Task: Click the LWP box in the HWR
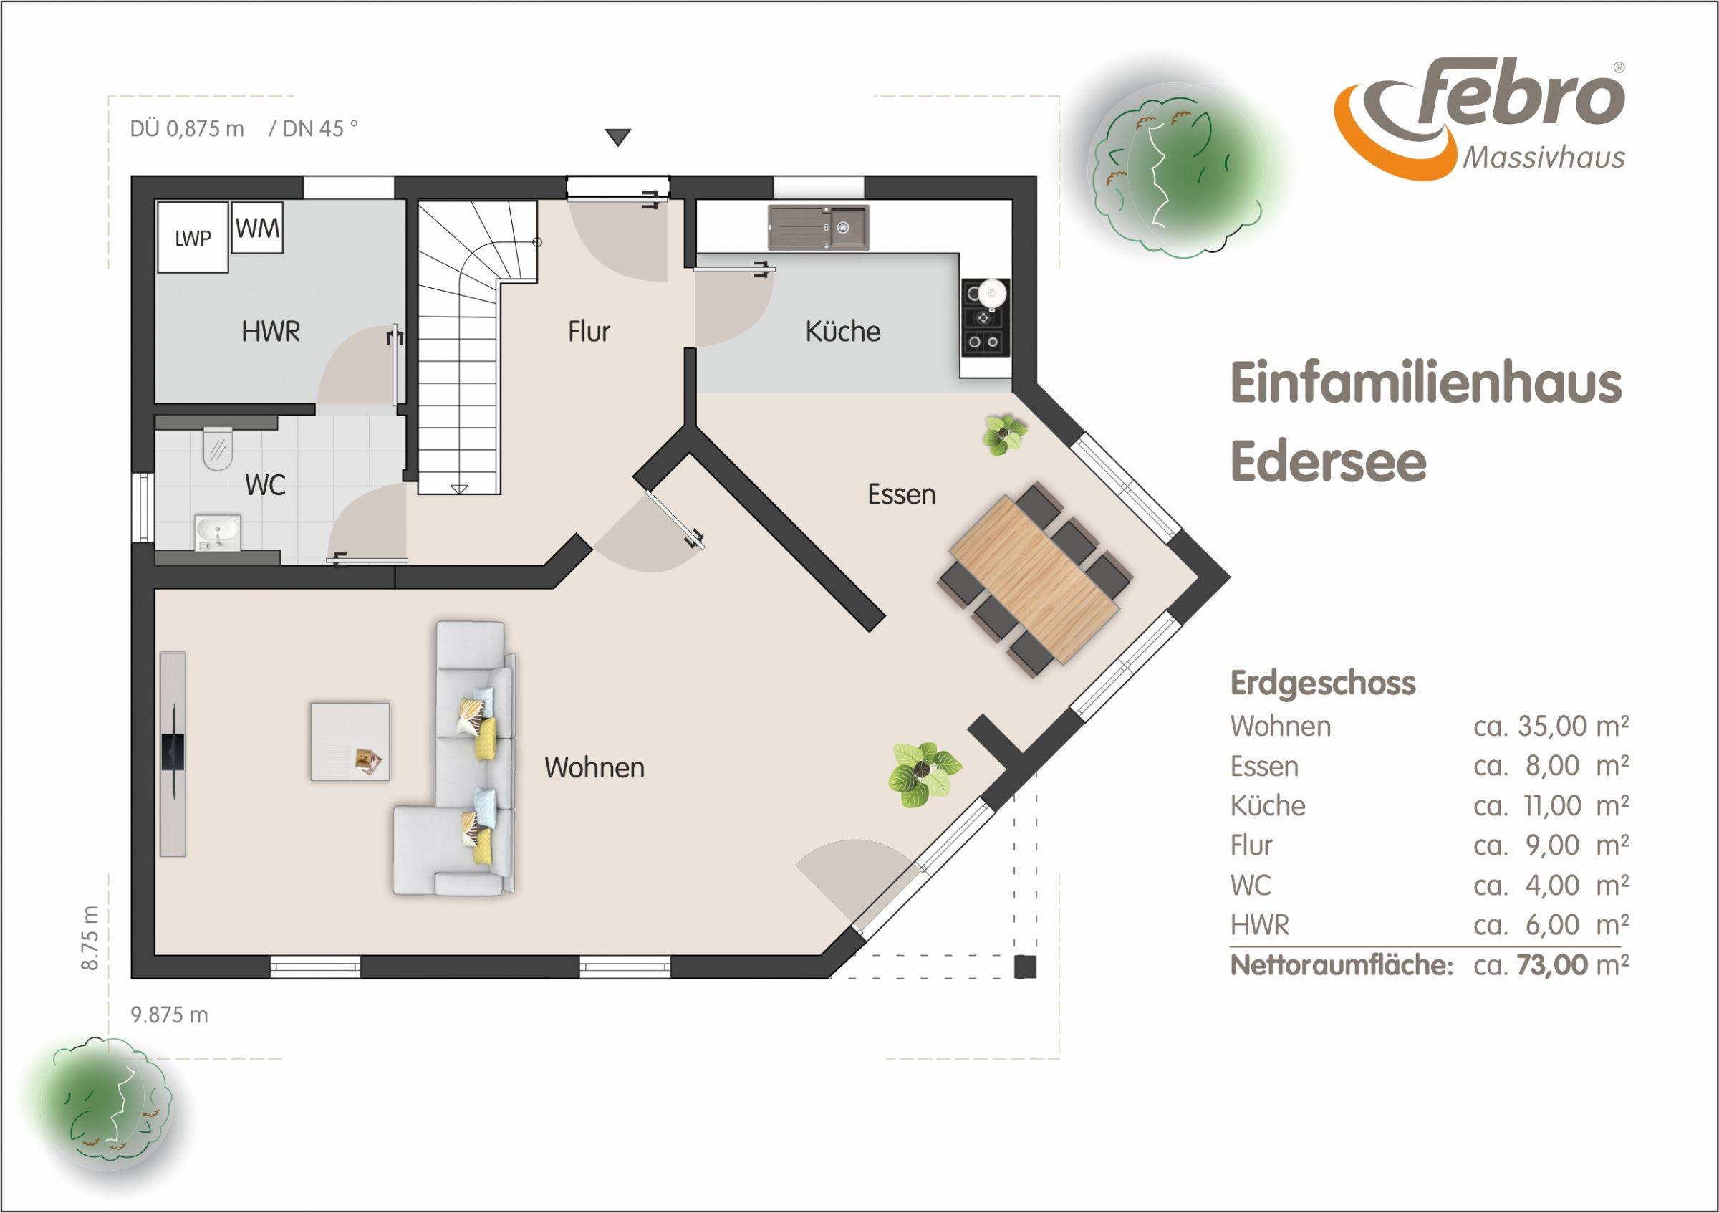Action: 192,236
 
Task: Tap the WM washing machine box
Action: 258,228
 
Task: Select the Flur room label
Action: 589,331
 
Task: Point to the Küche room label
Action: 843,331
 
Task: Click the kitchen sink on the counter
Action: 819,227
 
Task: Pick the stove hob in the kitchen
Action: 986,317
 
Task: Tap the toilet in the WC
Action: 218,449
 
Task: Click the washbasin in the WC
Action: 218,532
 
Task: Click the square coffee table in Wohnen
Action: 350,742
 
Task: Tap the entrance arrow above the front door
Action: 617,138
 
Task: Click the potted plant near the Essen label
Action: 1004,435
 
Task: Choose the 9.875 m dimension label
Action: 169,1015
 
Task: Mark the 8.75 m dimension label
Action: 89,938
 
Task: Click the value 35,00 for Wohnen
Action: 1551,726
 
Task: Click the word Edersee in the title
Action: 1329,461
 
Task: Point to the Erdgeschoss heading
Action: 1323,683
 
